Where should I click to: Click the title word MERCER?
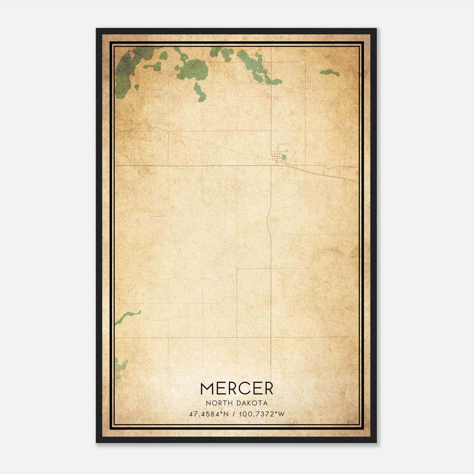click(237, 389)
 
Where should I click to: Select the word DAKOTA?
click(252, 403)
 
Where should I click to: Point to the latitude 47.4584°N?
click(209, 414)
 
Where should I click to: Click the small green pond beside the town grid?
click(284, 157)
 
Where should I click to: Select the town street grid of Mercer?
click(277, 158)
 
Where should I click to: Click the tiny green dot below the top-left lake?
click(137, 87)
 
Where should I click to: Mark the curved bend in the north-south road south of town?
click(268, 219)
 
